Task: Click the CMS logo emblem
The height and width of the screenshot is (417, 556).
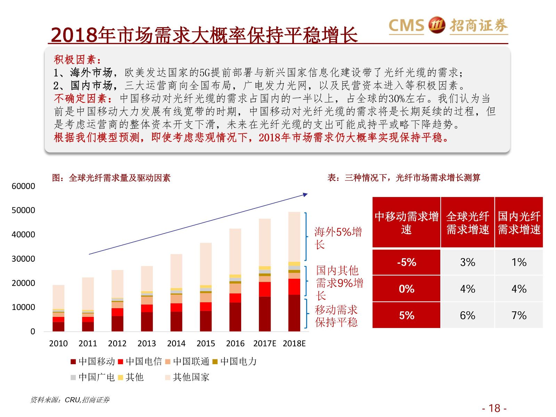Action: [436, 25]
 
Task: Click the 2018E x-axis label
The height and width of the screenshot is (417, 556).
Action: [294, 343]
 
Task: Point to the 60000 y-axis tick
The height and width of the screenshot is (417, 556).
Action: [23, 186]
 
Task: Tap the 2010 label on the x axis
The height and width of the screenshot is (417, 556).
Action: [58, 343]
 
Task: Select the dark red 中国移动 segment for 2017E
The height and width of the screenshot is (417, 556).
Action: [265, 313]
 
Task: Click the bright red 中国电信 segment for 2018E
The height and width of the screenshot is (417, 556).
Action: [294, 287]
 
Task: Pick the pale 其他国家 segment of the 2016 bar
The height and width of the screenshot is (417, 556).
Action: [235, 251]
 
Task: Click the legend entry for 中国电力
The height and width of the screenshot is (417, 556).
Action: [235, 362]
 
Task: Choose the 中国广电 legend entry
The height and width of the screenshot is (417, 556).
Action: [92, 377]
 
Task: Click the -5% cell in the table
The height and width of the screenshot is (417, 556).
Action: [406, 262]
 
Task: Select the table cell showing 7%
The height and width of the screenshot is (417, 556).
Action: [518, 316]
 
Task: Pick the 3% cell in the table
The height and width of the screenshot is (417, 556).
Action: [467, 262]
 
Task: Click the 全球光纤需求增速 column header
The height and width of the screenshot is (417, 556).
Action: [467, 223]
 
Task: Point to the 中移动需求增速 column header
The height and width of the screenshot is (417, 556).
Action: [406, 223]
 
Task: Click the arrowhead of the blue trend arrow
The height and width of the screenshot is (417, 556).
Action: [306, 195]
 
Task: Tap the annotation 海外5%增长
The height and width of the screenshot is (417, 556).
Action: [337, 238]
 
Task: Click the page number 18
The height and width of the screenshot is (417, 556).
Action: [494, 408]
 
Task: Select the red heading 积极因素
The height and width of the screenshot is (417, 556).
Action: [77, 60]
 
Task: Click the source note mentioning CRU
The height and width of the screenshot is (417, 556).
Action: [70, 400]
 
